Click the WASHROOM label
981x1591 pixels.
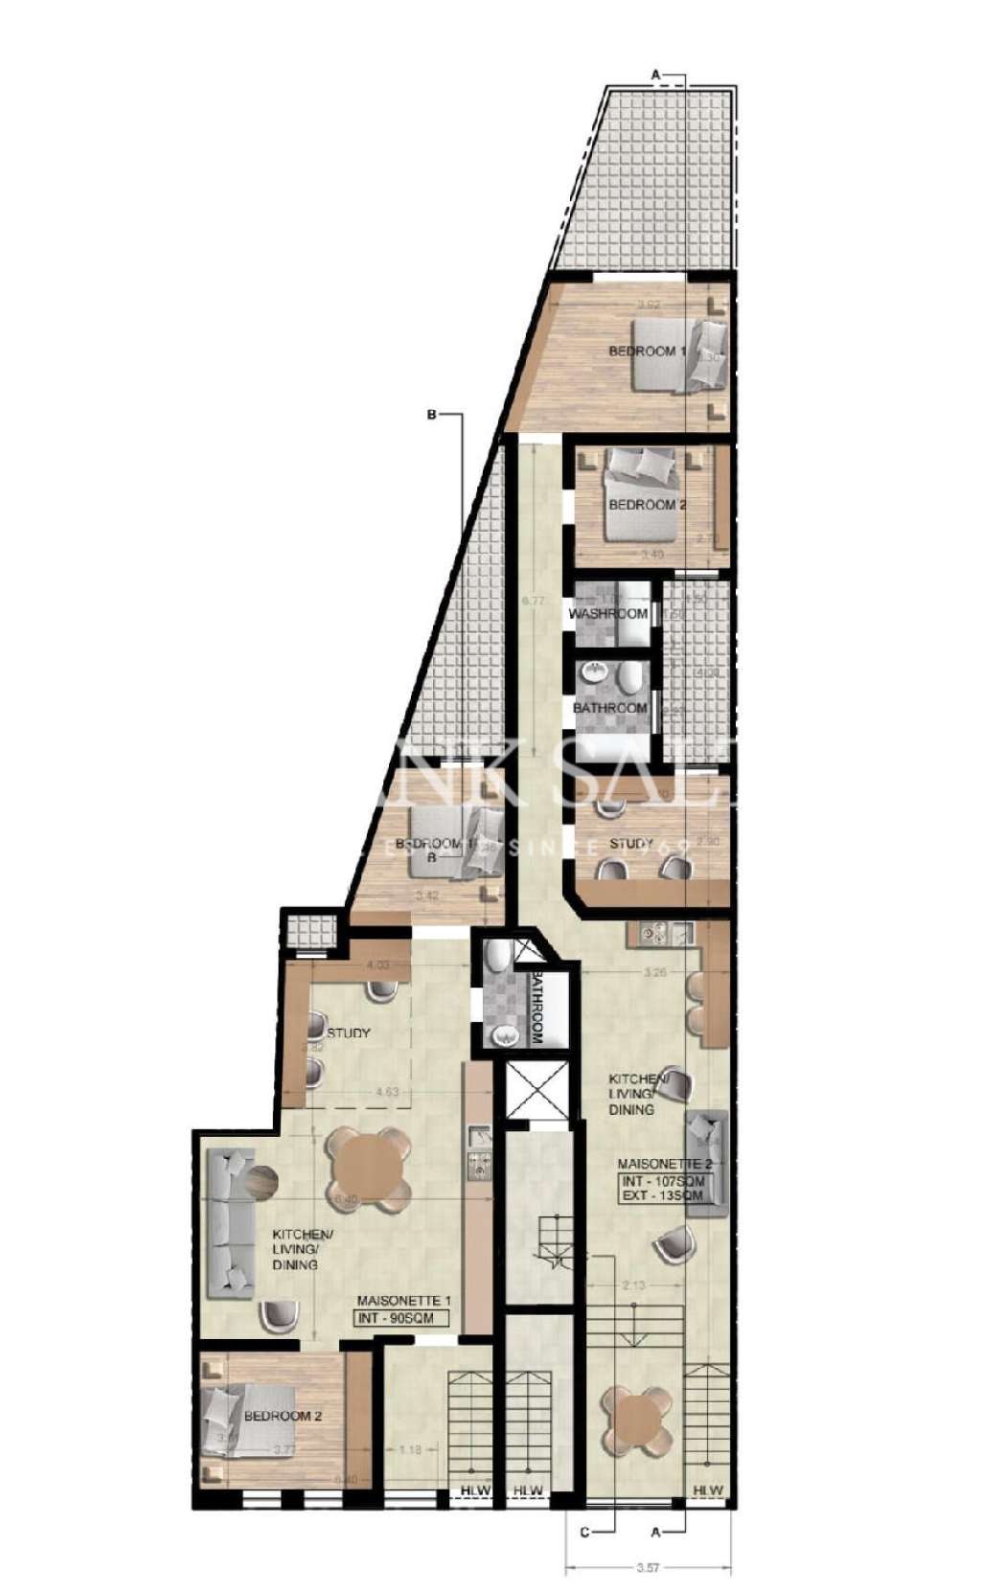pyautogui.click(x=608, y=613)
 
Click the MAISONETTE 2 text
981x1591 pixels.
pyautogui.click(x=665, y=1164)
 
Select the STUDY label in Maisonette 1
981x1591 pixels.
pyautogui.click(x=349, y=1033)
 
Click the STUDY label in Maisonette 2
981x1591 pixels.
pyautogui.click(x=631, y=843)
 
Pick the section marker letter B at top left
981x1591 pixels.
pyautogui.click(x=431, y=416)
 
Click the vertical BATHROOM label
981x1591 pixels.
pyautogui.click(x=536, y=1011)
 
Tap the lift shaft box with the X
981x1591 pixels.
pyautogui.click(x=536, y=1090)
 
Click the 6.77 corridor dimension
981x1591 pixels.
pyautogui.click(x=534, y=602)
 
